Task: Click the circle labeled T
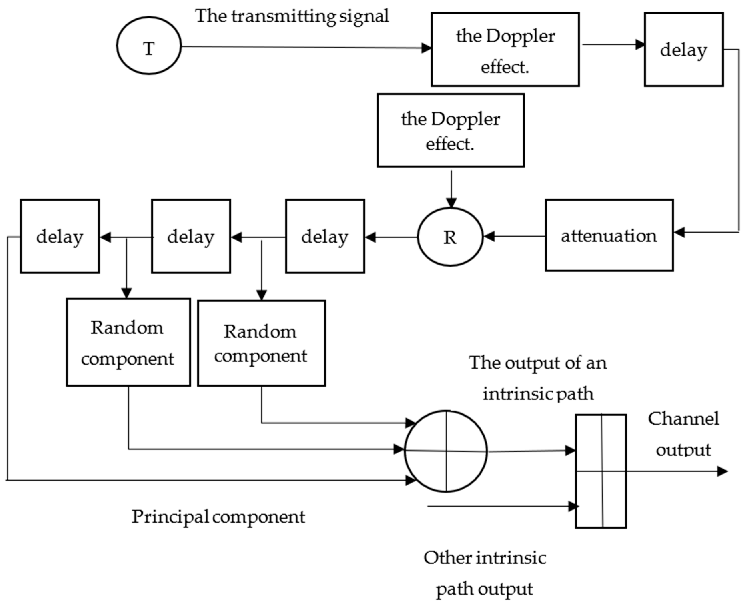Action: (x=149, y=46)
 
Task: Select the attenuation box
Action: (x=609, y=236)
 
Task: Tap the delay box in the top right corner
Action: (x=684, y=49)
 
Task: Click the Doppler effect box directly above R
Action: (x=451, y=131)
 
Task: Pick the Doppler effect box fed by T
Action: (x=505, y=49)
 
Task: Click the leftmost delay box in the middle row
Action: (x=60, y=236)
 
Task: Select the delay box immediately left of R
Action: (x=325, y=236)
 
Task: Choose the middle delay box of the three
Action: (x=191, y=236)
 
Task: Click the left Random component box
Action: (x=128, y=342)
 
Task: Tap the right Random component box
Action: (x=261, y=343)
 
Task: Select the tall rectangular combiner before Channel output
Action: (x=601, y=471)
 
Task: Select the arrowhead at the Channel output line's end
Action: (x=722, y=472)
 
